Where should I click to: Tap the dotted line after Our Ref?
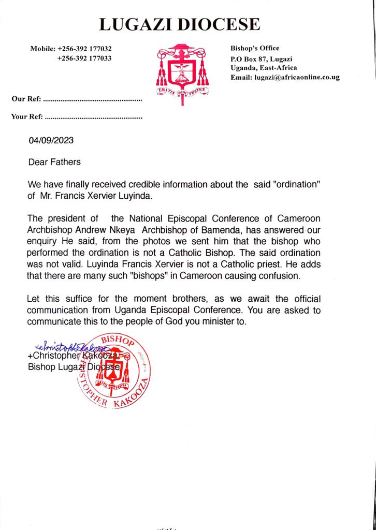[x=93, y=98]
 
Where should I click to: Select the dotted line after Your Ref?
[x=94, y=117]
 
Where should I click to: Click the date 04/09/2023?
[x=51, y=140]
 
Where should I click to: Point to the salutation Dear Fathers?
[x=54, y=162]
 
